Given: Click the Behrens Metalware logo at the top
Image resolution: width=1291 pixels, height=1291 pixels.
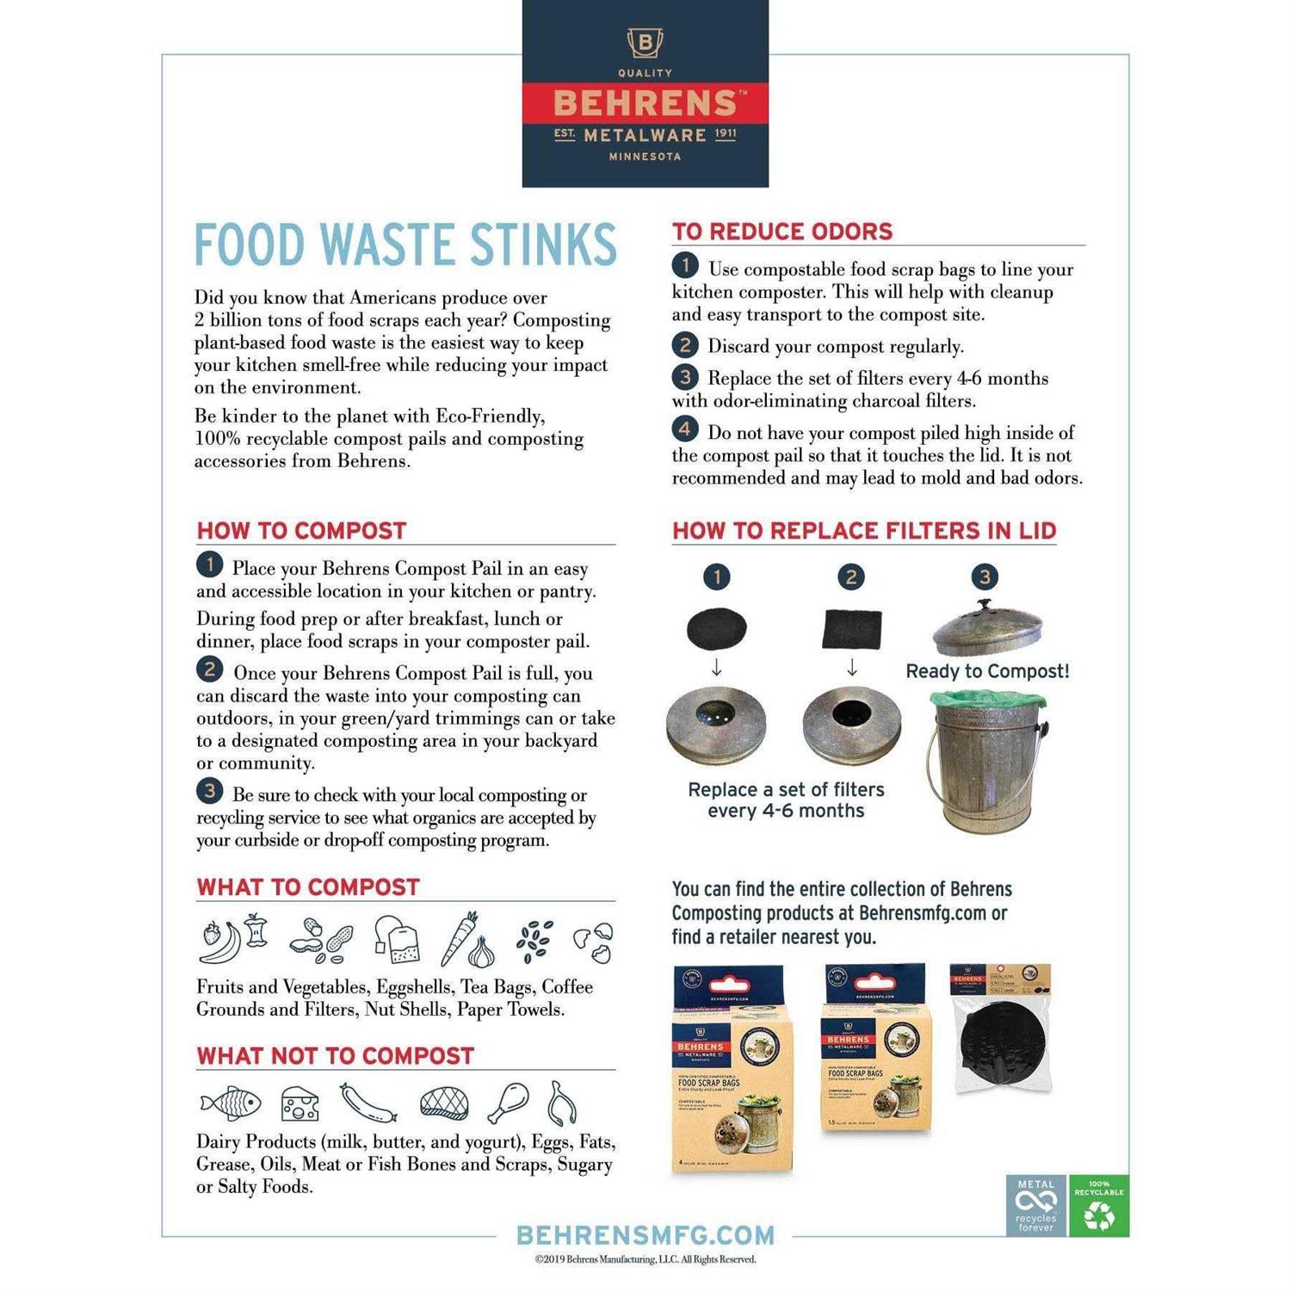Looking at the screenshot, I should click(x=645, y=94).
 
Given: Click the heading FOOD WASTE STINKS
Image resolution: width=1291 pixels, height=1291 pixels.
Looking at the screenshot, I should click(x=405, y=244).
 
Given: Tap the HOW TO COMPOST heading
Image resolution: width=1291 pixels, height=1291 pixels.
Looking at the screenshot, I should click(x=301, y=530).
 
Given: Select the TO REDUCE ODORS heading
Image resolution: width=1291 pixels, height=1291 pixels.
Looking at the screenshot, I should click(x=782, y=232).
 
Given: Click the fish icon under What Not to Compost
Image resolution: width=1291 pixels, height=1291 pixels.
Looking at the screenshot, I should click(x=231, y=1103).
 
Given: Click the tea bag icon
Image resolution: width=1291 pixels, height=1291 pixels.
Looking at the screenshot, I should click(x=397, y=939).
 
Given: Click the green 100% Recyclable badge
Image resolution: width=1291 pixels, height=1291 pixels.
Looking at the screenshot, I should click(x=1098, y=1206).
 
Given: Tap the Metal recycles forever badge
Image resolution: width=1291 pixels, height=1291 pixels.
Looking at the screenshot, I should click(x=1036, y=1206).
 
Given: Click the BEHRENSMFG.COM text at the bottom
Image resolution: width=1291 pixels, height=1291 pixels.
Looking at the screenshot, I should click(x=645, y=1235).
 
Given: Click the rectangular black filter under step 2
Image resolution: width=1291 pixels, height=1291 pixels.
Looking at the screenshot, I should click(x=852, y=628).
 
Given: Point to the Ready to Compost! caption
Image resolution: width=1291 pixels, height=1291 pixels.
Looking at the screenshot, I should click(x=987, y=671).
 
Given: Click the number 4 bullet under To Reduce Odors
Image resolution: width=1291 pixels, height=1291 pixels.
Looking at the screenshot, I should click(x=684, y=429).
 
